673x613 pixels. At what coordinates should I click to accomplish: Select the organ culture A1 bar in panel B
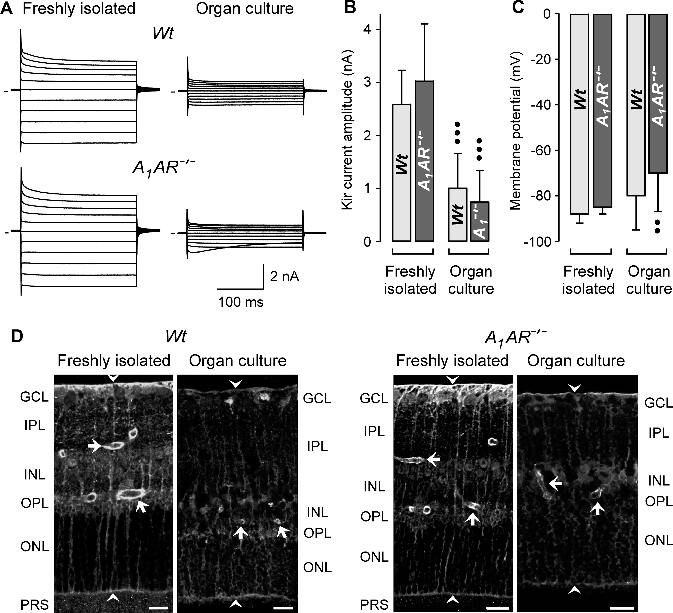(479, 221)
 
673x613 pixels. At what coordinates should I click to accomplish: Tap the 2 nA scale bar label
(284, 276)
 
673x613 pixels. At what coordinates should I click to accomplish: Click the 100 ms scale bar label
(241, 302)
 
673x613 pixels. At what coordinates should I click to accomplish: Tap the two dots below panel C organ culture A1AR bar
(657, 226)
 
